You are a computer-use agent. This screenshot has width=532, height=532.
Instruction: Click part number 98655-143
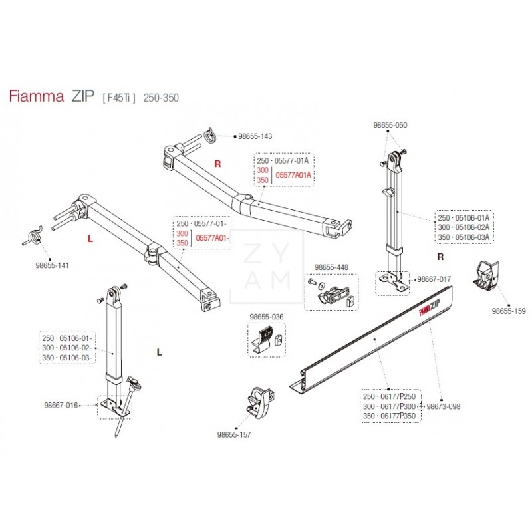[254, 136]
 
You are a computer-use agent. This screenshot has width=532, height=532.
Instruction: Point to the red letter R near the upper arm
[217, 163]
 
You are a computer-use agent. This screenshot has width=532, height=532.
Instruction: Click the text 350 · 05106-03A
[464, 237]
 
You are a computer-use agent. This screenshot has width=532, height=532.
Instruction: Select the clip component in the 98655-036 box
[265, 340]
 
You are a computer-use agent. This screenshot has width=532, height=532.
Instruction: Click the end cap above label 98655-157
[257, 400]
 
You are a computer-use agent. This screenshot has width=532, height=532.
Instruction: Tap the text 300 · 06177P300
[388, 406]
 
